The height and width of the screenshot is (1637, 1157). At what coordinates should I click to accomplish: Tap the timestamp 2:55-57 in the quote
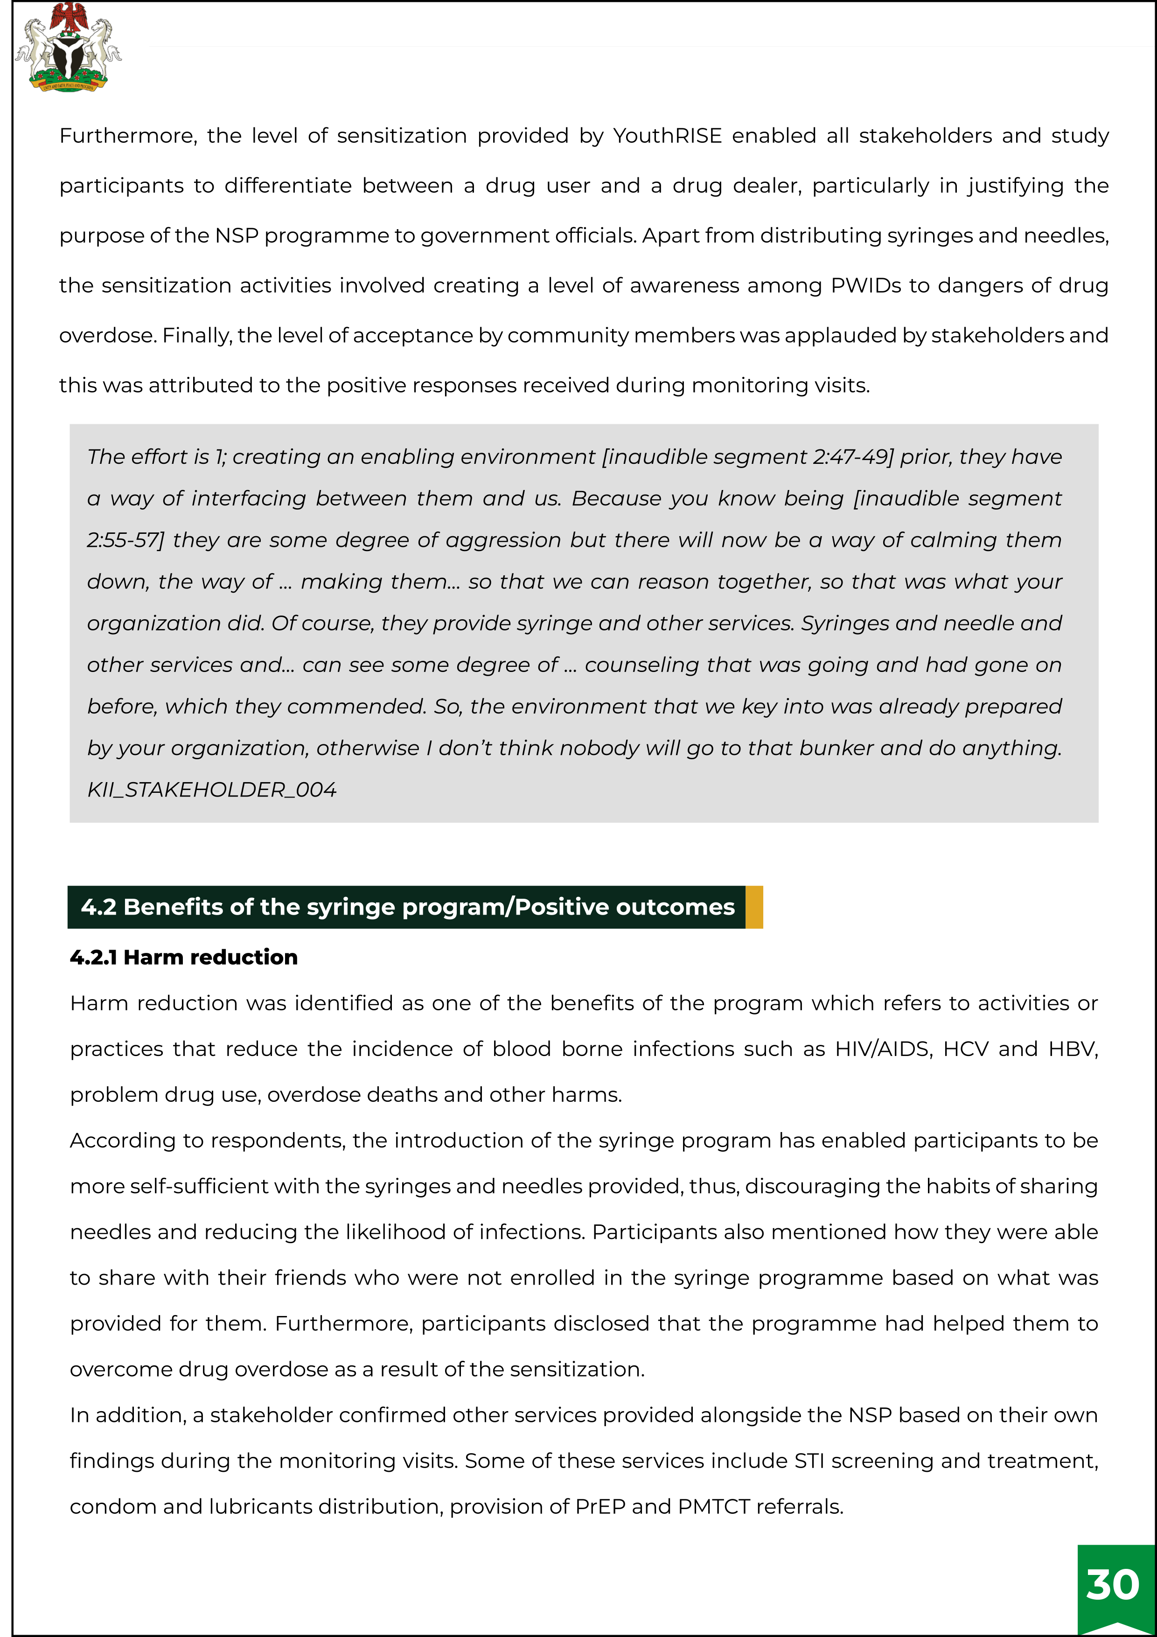click(125, 540)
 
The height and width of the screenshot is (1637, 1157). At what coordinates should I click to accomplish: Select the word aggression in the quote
click(503, 540)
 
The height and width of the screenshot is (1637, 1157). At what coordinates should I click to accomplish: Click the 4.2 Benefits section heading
click(407, 907)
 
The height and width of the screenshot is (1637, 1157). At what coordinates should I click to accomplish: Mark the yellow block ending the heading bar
click(754, 907)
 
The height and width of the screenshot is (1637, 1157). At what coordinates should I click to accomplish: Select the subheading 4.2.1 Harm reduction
click(184, 957)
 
